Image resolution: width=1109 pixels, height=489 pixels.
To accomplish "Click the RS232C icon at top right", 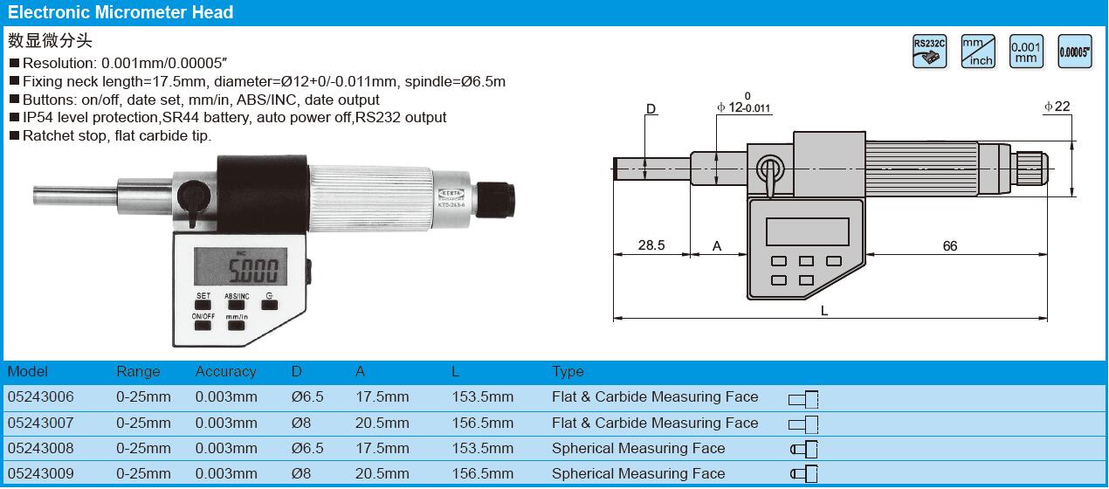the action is coord(929,51).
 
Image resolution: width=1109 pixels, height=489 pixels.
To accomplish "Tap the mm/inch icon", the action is coord(978,51).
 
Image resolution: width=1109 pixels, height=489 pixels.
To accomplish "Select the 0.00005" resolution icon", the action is coord(1075,51).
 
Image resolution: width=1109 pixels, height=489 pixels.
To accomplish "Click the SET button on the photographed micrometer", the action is coord(203,305).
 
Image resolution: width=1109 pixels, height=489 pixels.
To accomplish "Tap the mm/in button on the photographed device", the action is coord(236,326).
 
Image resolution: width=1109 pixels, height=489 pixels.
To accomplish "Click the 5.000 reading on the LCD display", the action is coord(253,271).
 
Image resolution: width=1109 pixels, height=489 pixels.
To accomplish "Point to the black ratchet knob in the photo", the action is coord(496,199).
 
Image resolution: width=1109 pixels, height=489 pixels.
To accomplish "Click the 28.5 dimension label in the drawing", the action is coord(651,245).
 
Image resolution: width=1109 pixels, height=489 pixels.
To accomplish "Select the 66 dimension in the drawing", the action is coord(949,246).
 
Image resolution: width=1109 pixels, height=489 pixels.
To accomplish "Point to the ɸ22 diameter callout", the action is coord(1057,107).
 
